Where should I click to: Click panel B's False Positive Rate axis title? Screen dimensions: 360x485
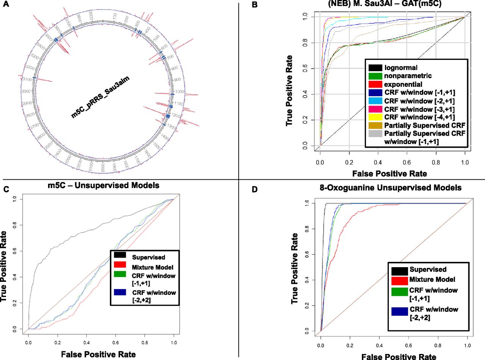coord(390,174)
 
